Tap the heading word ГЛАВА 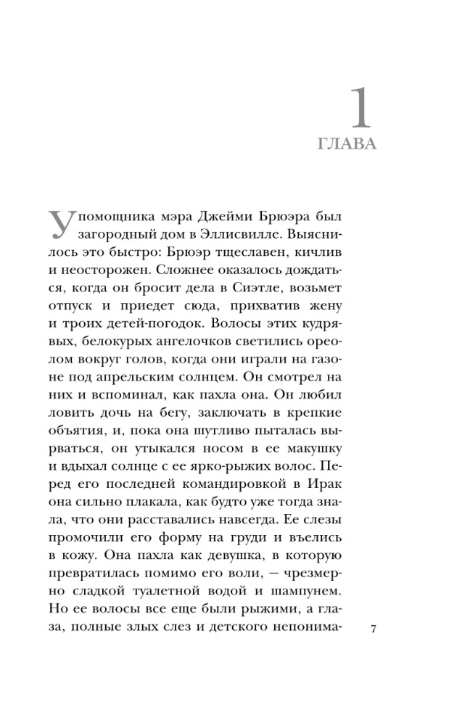pyautogui.click(x=347, y=144)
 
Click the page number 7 pyautogui.click(x=373, y=629)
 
